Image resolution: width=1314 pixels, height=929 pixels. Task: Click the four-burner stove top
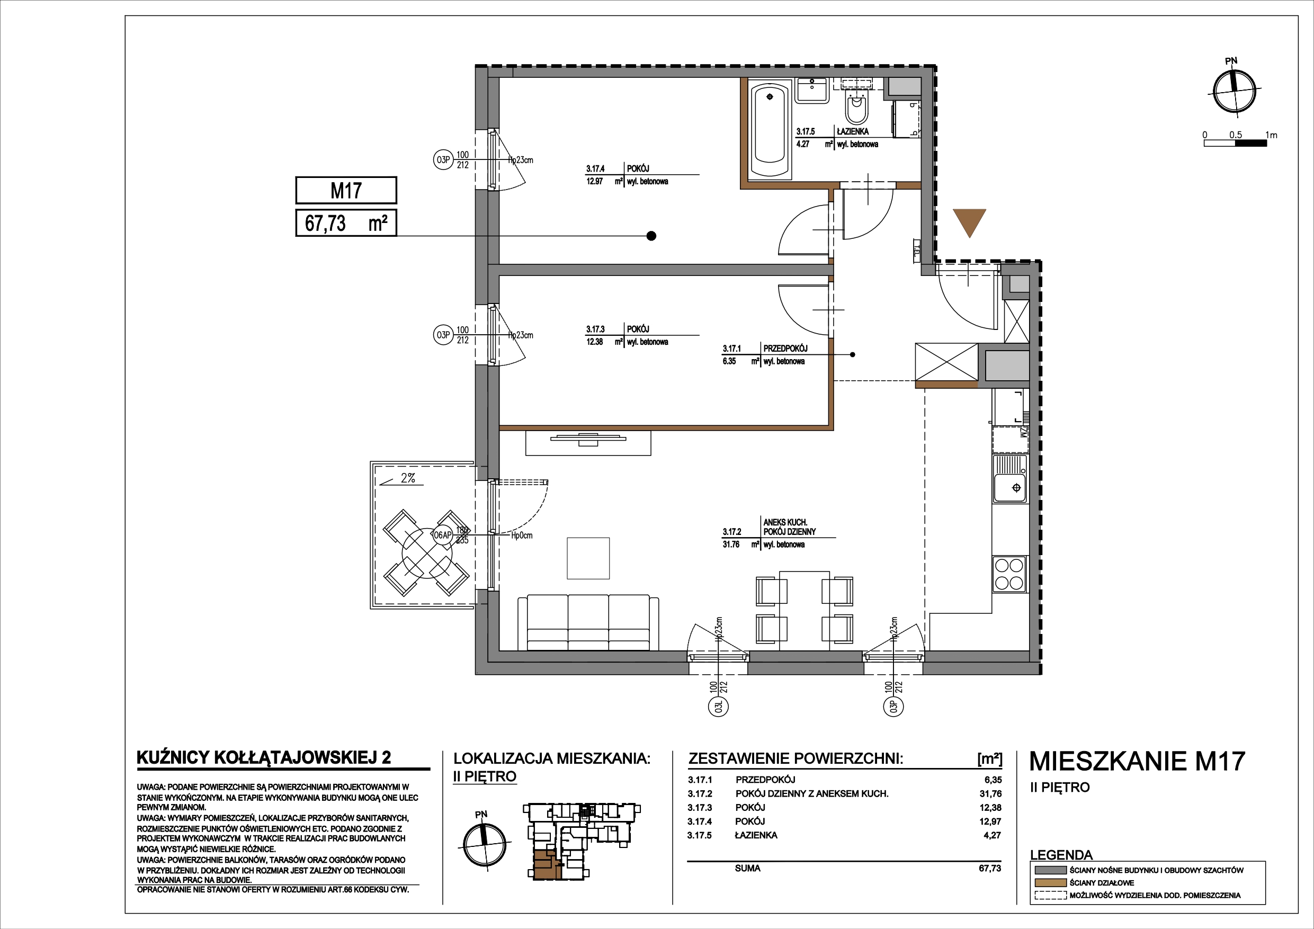1009,574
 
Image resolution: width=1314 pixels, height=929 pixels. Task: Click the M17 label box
346,190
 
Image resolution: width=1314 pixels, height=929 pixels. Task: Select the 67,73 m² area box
346,222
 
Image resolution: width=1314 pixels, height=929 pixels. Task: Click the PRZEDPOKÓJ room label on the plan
785,348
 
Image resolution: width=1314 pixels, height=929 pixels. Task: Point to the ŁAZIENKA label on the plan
852,131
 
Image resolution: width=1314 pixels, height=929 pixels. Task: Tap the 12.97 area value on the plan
595,182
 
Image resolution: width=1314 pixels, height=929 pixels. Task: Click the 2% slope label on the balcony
407,478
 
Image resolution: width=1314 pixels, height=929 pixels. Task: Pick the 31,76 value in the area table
990,793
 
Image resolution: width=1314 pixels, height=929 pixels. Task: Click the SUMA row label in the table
747,868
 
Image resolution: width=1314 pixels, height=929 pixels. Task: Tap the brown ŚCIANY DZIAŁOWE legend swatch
1050,882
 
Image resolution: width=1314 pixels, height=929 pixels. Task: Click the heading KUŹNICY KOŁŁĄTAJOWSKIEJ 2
264,757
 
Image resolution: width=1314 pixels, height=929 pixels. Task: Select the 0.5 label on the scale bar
1236,135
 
